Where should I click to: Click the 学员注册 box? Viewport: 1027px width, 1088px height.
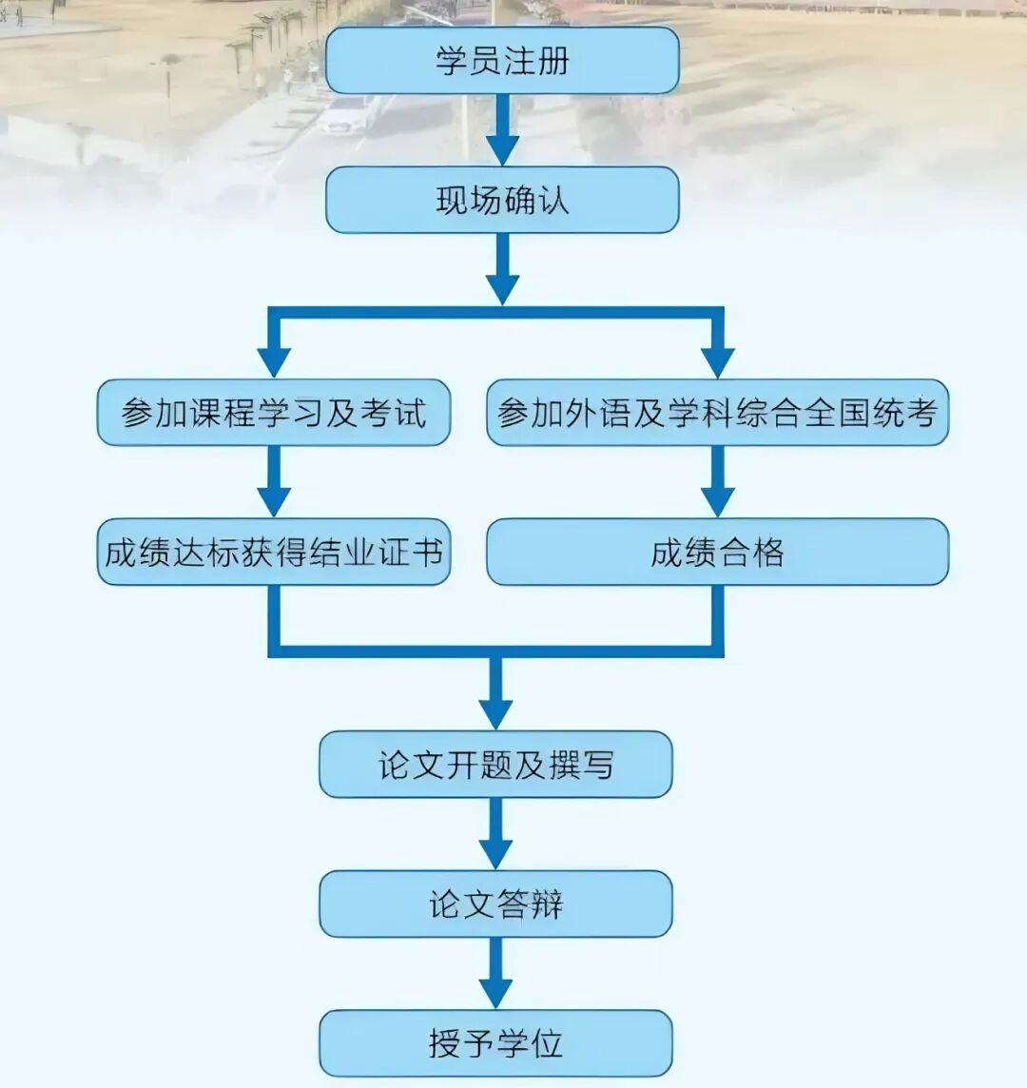[502, 61]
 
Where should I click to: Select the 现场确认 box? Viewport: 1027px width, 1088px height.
[502, 201]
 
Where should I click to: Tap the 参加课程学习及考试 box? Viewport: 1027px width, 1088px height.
[274, 413]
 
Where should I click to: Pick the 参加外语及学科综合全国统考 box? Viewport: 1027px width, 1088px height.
[717, 413]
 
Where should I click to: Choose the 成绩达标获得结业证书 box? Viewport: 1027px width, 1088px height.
[274, 553]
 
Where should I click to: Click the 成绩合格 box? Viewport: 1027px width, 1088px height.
[717, 553]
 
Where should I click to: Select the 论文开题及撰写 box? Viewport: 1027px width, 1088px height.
[495, 765]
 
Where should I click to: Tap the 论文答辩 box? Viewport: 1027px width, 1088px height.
[495, 904]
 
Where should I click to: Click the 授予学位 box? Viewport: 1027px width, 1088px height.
[495, 1043]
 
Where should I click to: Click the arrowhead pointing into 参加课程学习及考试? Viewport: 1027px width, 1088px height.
[274, 361]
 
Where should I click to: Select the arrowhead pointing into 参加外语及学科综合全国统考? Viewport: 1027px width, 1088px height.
[717, 361]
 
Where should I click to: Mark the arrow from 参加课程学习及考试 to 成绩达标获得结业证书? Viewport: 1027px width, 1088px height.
[274, 482]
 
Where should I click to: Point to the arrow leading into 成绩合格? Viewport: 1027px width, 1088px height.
[717, 482]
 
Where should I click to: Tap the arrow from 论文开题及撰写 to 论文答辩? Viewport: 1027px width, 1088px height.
[495, 834]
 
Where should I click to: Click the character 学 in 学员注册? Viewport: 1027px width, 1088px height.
[452, 61]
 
